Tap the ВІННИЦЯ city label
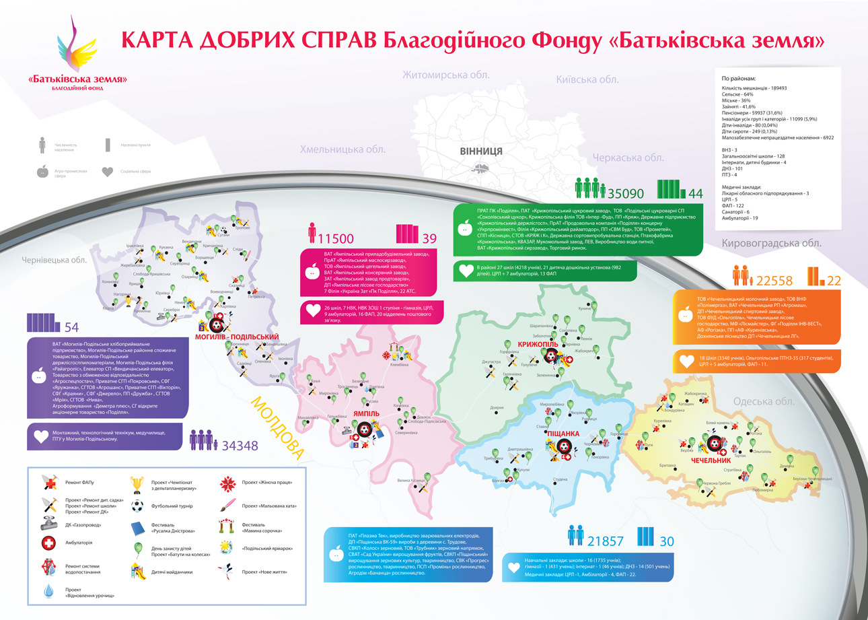(x=481, y=151)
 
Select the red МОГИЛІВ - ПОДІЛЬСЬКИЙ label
(x=237, y=337)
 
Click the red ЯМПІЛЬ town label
(x=367, y=414)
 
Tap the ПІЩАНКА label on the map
(x=564, y=433)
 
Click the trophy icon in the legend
(x=137, y=484)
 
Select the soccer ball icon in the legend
(x=137, y=505)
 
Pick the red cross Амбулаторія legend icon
(x=48, y=543)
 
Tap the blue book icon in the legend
(x=137, y=527)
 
